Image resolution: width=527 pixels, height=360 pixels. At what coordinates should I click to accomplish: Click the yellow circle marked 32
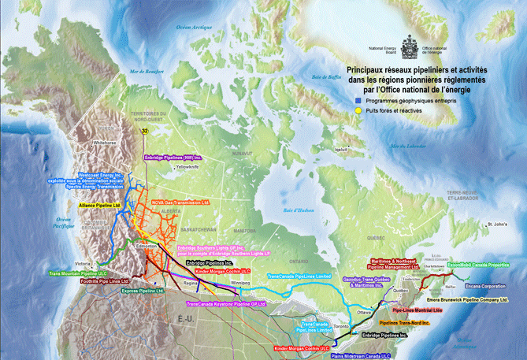click(144, 131)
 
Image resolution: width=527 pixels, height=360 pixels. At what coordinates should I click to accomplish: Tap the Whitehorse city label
click(105, 143)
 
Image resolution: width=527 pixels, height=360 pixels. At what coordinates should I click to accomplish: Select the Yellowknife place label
click(189, 167)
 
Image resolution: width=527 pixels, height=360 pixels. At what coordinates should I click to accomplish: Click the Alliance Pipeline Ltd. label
click(100, 204)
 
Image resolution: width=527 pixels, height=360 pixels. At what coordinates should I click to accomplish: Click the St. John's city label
click(496, 225)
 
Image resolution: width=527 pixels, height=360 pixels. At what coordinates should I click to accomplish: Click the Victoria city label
click(83, 263)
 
